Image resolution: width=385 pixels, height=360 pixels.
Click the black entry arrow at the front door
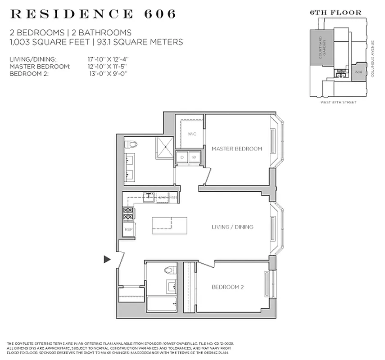coord(107,259)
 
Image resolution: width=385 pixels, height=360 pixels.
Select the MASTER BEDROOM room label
coord(237,148)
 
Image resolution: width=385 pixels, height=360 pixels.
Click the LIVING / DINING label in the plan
coord(232,227)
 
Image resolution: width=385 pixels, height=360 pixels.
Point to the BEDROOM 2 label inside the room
coord(227,287)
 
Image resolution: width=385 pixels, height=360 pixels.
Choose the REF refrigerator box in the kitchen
coord(128,229)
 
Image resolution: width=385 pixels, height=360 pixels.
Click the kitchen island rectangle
coord(169,225)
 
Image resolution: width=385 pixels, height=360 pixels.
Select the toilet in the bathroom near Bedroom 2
coord(169,270)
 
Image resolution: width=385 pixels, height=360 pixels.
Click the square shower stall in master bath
coord(164,148)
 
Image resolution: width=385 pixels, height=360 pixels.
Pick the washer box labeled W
coord(194,157)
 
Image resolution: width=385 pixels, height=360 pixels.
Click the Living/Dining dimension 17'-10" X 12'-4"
coord(108,59)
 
